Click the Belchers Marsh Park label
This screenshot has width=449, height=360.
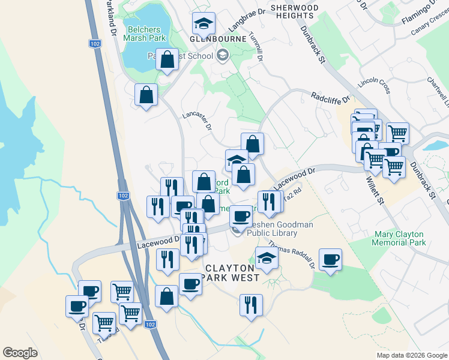click(144, 33)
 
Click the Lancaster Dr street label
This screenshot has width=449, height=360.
click(197, 119)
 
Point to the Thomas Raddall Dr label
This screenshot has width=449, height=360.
click(292, 254)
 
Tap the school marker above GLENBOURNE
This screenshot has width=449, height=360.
click(204, 24)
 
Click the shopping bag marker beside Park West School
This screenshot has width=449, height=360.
click(167, 59)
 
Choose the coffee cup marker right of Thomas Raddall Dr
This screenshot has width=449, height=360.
click(330, 259)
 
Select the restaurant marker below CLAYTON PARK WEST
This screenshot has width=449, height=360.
click(251, 304)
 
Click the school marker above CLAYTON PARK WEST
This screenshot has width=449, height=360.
click(267, 258)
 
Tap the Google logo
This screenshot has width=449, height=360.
click(20, 353)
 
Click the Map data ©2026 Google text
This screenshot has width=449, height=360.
click(411, 355)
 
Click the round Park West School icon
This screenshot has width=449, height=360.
click(223, 56)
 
